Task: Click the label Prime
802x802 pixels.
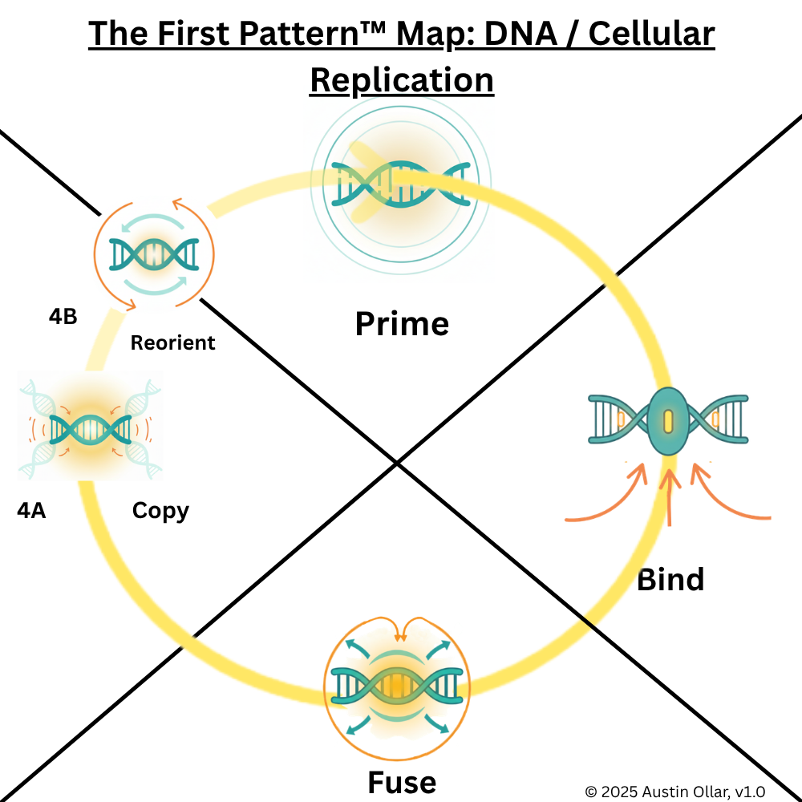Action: point(402,324)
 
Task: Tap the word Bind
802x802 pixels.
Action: point(670,579)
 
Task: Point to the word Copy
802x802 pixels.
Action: point(160,511)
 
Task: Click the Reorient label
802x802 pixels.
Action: point(172,342)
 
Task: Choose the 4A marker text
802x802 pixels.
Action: point(31,510)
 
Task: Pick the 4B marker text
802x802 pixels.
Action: point(63,316)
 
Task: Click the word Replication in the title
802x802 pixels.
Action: point(401,80)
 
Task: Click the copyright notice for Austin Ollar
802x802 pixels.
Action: point(674,791)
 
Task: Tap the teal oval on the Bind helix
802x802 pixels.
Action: point(667,421)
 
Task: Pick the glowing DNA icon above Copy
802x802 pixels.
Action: point(90,429)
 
